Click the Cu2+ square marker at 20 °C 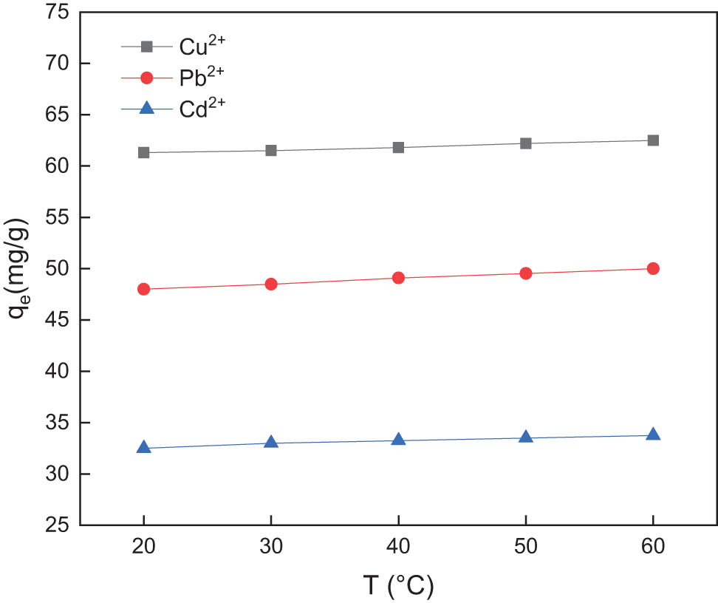coord(144,152)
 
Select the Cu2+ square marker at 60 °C coord(653,140)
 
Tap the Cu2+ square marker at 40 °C coord(398,147)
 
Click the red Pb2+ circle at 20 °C coord(144,289)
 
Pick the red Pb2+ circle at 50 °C coord(526,273)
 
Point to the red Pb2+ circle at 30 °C coord(271,284)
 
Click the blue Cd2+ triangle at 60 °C coord(653,435)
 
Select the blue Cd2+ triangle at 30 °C coord(271,442)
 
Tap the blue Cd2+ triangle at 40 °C coord(398,440)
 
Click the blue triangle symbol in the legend coord(146,108)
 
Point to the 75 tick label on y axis coord(58,13)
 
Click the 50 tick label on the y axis coord(58,269)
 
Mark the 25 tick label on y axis coord(58,525)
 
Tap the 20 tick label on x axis coord(144,548)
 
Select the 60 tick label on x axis coord(653,548)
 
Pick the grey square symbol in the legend coord(146,47)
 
